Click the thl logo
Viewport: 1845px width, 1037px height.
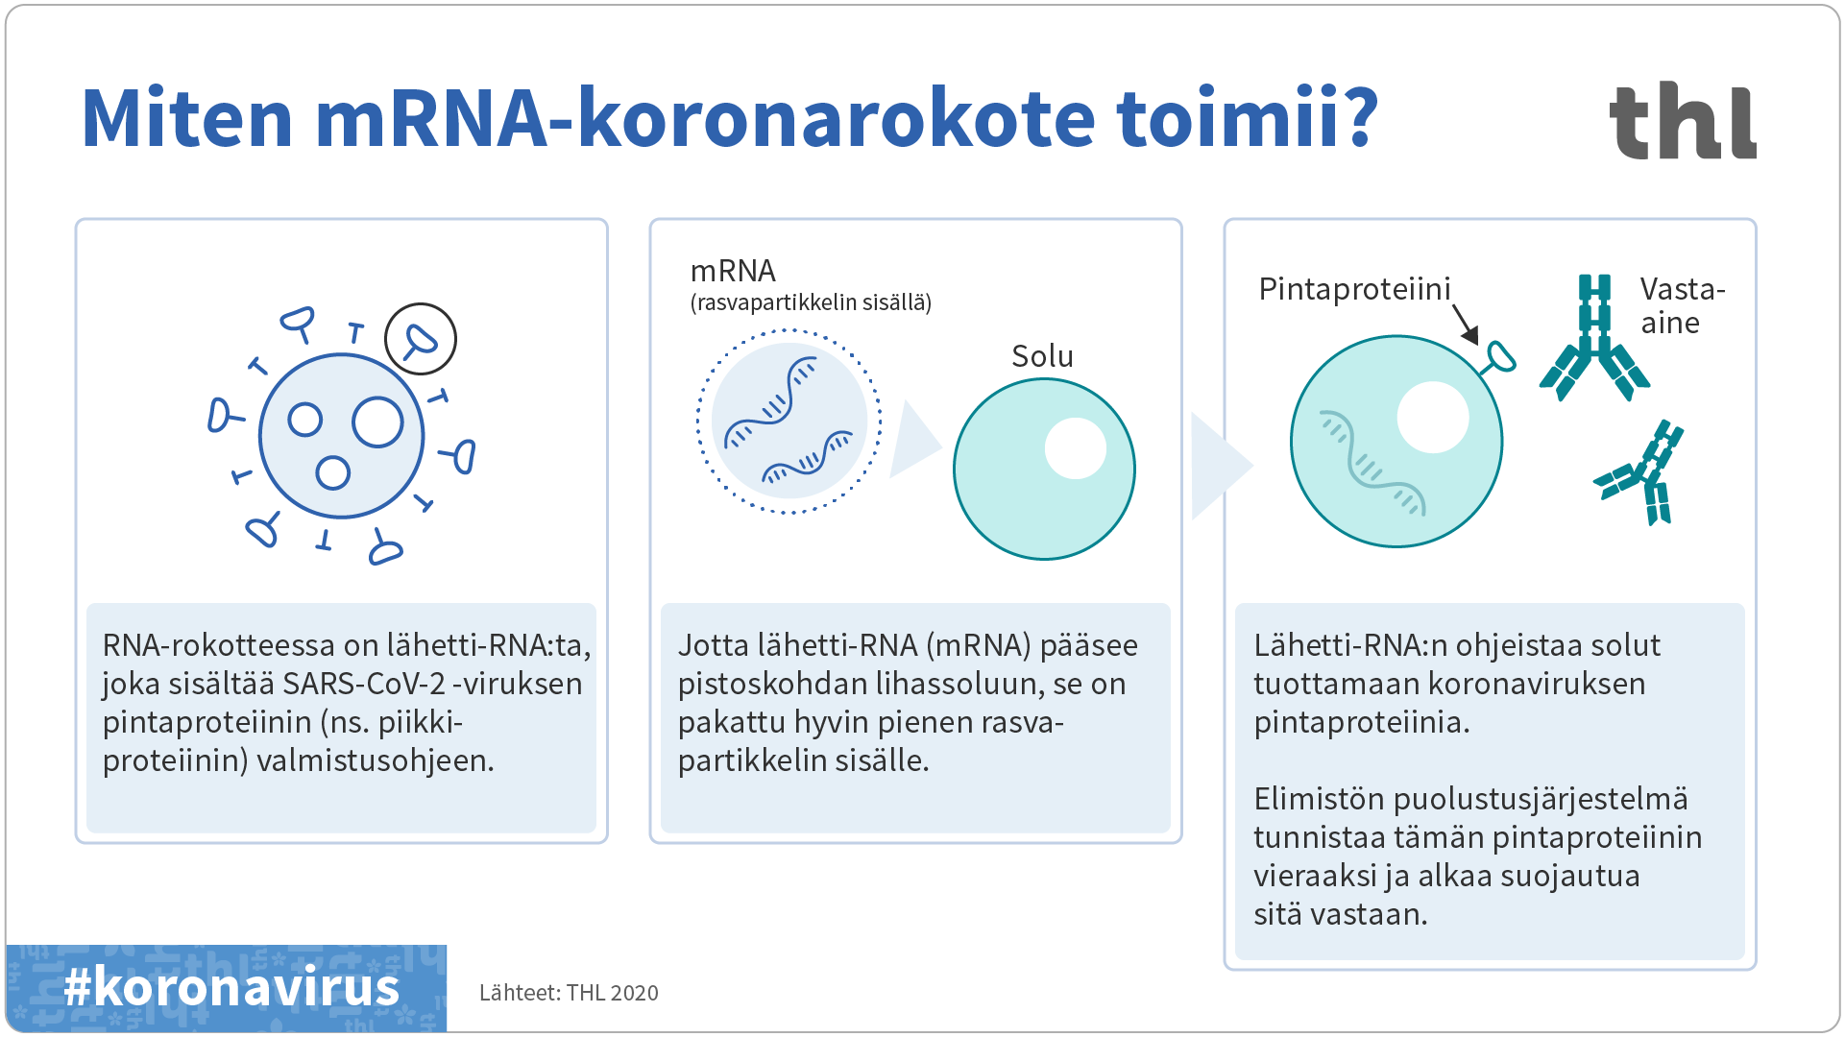1683,120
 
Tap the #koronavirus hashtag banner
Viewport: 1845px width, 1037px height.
227,988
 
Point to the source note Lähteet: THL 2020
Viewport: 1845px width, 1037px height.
569,993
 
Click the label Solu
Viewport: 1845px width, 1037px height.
1042,356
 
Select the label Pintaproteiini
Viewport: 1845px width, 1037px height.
1354,289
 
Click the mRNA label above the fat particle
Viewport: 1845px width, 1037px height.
733,271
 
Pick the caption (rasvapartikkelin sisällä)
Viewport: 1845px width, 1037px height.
811,302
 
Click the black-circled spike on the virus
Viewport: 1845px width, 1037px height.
421,339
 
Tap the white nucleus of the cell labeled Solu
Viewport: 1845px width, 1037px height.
1076,448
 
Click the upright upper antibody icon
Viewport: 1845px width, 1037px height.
1594,338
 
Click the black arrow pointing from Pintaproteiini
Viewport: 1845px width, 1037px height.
1465,325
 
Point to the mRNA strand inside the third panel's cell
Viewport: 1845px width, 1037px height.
1372,463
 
